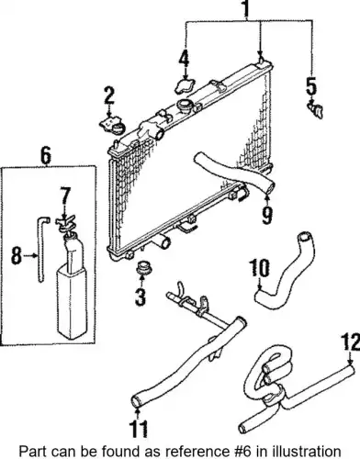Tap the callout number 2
click(109, 95)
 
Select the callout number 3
click(141, 297)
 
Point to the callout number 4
click(185, 59)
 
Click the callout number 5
click(311, 85)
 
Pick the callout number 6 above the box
click(46, 156)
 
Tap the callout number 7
click(65, 196)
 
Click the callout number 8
click(17, 256)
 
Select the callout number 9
click(267, 216)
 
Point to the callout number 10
click(260, 268)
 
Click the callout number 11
click(139, 429)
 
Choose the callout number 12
click(351, 342)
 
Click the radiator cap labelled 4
click(186, 85)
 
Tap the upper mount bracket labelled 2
click(112, 126)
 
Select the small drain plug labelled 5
click(315, 110)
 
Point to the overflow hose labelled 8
click(42, 248)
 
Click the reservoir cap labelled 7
click(65, 224)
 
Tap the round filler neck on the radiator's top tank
click(185, 106)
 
